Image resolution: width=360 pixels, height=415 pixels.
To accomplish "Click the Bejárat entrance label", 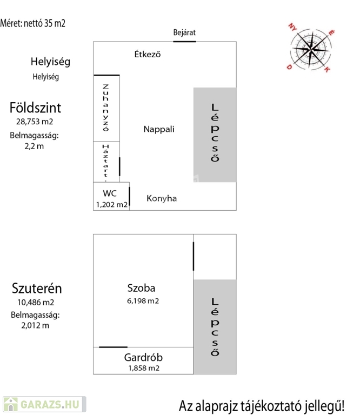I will coord(184,32).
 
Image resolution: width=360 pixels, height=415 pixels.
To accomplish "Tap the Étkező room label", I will coord(148,54).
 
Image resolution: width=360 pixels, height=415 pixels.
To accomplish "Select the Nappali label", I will coord(159,129).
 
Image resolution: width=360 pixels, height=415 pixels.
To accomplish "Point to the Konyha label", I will coord(162,198).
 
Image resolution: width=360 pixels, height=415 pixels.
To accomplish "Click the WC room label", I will coord(110,193).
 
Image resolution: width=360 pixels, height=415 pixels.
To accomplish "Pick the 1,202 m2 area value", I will coord(111,205).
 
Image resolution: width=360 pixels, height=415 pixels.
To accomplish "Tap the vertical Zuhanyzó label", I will coord(106,108).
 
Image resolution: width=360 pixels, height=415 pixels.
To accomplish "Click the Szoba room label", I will coord(142,288).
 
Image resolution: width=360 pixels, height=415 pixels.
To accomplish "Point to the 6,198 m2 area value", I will coord(143,300).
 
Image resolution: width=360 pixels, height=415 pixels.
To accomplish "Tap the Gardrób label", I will coord(143,357).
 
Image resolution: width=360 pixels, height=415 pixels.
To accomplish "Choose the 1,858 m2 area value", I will coord(143,368).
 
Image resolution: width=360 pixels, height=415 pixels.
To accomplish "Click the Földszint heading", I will coord(35,107).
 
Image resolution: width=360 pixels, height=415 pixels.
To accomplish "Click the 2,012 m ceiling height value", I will coord(35,325).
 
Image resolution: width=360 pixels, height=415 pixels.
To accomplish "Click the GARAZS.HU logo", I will coord(43,403).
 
